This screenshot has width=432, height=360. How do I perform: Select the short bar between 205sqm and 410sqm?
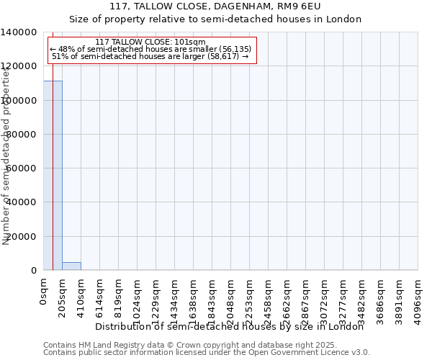[71, 266]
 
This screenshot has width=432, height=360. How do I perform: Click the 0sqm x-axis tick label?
[44, 292]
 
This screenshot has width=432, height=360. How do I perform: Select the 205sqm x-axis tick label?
[63, 296]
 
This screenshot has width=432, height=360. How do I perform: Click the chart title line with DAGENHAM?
[215, 6]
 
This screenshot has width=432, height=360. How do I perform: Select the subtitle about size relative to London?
[215, 19]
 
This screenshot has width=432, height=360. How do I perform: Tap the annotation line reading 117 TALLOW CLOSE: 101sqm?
[150, 42]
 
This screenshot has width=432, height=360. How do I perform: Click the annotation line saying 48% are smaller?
[150, 48]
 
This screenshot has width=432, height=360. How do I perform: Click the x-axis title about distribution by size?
[230, 326]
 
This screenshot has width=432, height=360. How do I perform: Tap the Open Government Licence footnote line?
[207, 353]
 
